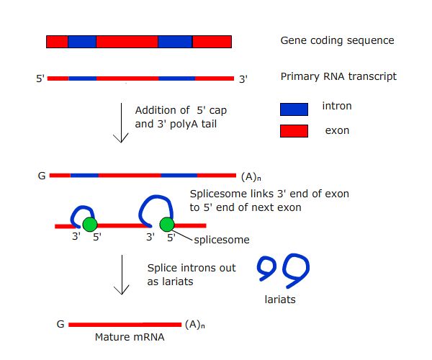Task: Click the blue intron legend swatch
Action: click(294, 109)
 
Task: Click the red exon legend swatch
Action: click(294, 131)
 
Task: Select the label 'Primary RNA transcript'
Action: click(338, 76)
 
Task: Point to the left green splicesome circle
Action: click(89, 225)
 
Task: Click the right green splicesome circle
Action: click(167, 225)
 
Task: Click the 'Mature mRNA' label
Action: click(123, 336)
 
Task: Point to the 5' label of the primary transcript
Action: click(40, 78)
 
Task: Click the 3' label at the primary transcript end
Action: click(243, 78)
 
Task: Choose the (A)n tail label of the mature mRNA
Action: click(194, 324)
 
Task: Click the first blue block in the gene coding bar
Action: click(81, 42)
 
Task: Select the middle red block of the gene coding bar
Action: click(127, 42)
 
